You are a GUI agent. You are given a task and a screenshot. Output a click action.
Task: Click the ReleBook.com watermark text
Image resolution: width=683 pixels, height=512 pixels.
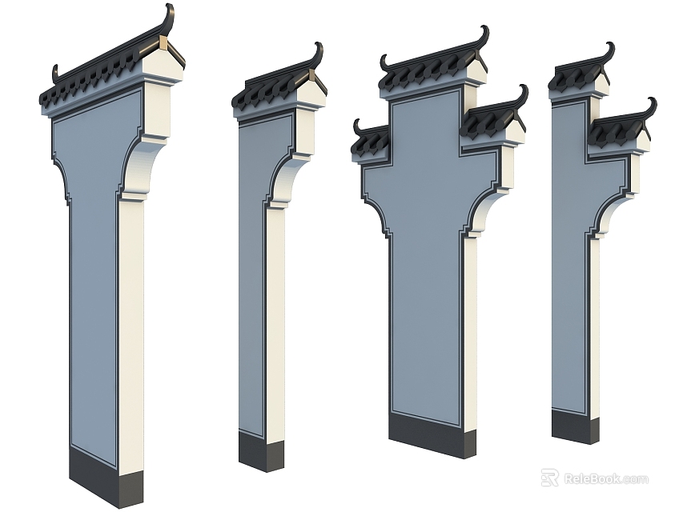pos(606,479)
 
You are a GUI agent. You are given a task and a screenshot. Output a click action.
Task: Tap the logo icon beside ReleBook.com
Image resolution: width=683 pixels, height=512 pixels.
pos(549,478)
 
